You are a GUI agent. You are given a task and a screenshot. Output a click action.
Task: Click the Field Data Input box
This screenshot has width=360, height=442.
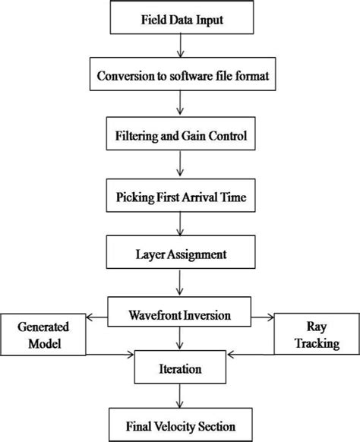(x=179, y=19)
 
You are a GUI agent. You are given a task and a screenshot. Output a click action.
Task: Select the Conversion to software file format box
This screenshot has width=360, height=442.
(x=179, y=76)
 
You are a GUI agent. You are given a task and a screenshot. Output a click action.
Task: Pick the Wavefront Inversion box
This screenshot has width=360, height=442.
(x=179, y=312)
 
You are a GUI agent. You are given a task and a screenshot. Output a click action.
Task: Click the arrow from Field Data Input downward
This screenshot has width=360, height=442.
(x=180, y=47)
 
